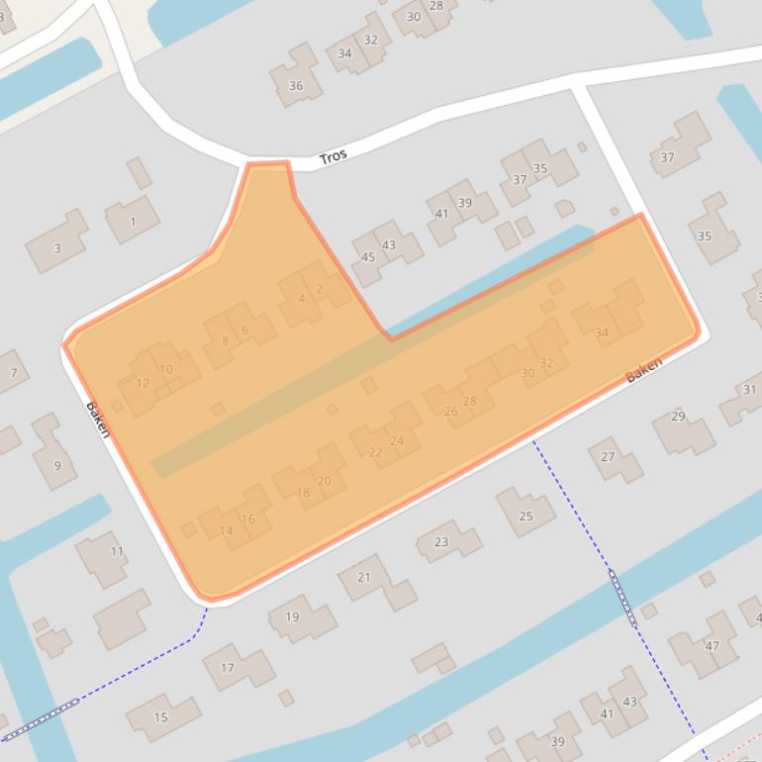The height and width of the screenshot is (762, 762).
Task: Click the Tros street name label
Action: (333, 157)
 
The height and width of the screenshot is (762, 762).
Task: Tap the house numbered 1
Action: (133, 222)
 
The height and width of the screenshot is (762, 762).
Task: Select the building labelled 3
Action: (56, 247)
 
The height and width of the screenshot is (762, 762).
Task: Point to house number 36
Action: (295, 86)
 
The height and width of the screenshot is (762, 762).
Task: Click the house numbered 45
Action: (368, 257)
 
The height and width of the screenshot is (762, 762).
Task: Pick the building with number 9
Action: (57, 465)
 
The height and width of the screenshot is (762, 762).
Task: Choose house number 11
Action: (117, 551)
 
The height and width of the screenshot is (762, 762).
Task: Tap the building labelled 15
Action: (160, 716)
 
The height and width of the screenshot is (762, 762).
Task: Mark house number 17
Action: (227, 668)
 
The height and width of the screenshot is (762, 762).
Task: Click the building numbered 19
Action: (292, 617)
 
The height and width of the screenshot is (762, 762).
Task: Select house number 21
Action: (363, 577)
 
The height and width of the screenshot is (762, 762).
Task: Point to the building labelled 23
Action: (441, 541)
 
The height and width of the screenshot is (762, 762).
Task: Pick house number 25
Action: (525, 516)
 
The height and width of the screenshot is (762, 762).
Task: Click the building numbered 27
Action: (608, 456)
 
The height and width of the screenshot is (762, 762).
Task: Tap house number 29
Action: (678, 417)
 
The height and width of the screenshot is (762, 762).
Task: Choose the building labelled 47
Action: (712, 646)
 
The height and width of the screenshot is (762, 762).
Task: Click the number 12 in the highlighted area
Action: (143, 383)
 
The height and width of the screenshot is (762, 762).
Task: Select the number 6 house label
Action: (244, 330)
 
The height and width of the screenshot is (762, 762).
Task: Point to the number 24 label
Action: (397, 441)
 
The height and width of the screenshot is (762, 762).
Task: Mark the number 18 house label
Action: (303, 493)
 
